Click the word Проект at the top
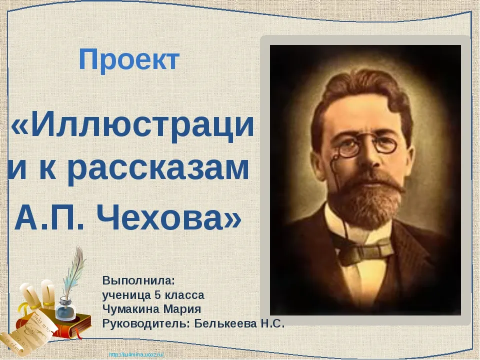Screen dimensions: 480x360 pos(129,60)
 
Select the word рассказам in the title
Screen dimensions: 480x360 pos(157,170)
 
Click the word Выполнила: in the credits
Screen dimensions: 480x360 pos(138,281)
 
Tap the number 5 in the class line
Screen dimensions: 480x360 pos(158,295)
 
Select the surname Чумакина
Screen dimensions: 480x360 pos(131,309)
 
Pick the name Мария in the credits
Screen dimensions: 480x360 pos(182,309)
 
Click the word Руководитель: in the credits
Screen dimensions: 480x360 pos(146,324)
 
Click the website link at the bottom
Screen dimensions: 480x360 pos(136,355)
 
